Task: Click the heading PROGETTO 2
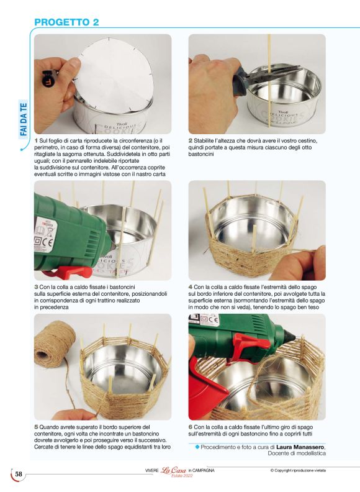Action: click(x=66, y=22)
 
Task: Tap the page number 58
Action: click(x=19, y=474)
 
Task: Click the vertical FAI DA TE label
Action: click(x=24, y=119)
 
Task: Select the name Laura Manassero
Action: click(x=300, y=447)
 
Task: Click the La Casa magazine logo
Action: click(x=173, y=470)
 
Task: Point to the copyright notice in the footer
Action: click(x=298, y=470)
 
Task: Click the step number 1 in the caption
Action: click(x=36, y=140)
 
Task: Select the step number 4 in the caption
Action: click(x=191, y=287)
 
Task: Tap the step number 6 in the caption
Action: click(x=191, y=427)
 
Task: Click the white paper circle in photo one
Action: click(x=114, y=75)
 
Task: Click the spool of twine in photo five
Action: click(x=54, y=344)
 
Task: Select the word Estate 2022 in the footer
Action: click(x=182, y=476)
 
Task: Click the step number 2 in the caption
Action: click(x=191, y=140)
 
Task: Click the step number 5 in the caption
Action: click(x=36, y=427)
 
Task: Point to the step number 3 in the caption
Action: click(x=36, y=287)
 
